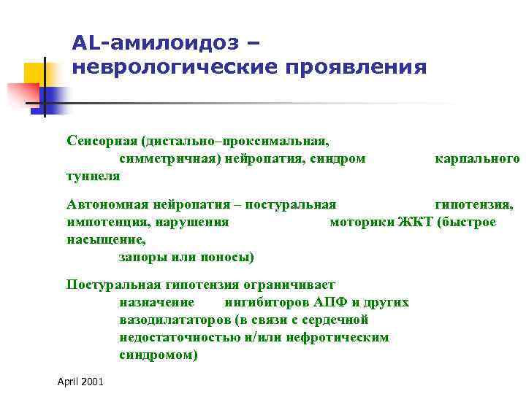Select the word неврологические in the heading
click(171, 68)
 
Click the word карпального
click(477, 158)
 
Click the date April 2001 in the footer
click(80, 382)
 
